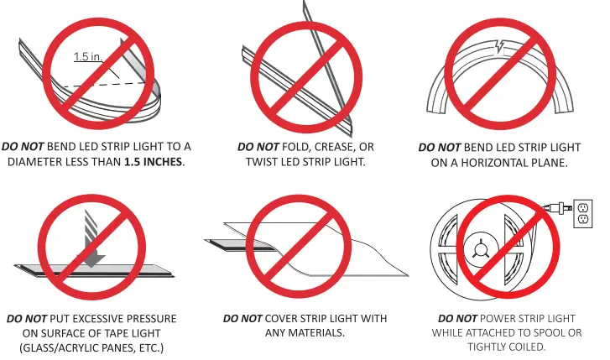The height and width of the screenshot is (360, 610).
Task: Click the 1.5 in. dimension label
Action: coord(88,56)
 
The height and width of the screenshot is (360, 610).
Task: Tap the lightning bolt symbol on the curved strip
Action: coord(499,46)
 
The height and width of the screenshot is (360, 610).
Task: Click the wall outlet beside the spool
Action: coord(583,214)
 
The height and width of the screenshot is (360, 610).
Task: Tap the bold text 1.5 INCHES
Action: coord(153,161)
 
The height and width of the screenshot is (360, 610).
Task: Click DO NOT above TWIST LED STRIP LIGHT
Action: coord(258,147)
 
